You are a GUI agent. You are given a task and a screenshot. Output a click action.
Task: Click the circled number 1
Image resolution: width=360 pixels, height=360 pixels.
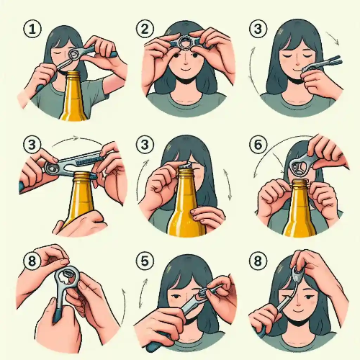click(32, 29)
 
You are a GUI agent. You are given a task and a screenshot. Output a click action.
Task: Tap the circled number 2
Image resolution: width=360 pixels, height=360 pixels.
click(145, 29)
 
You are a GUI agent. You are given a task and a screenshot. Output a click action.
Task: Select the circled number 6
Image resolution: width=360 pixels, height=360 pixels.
click(258, 145)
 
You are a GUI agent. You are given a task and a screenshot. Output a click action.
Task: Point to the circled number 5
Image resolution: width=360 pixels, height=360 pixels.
click(145, 261)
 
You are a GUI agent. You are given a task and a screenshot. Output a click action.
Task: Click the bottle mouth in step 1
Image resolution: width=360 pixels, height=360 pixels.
click(73, 73)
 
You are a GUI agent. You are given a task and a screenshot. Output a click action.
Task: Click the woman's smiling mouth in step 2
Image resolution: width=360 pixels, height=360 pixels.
click(186, 70)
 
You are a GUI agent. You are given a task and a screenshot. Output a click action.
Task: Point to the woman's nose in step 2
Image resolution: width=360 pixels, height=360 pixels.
click(186, 62)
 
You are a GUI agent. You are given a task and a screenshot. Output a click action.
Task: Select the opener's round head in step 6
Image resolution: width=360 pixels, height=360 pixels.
click(297, 166)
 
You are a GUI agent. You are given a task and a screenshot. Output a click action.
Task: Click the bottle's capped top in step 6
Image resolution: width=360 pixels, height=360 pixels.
click(300, 184)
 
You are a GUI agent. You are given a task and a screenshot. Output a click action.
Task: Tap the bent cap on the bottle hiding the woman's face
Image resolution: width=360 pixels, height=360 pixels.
click(185, 165)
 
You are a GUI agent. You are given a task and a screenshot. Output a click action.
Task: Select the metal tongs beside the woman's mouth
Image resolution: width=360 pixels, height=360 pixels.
click(322, 63)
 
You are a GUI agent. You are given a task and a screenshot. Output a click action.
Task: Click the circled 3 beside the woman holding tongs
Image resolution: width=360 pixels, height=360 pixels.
click(258, 29)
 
